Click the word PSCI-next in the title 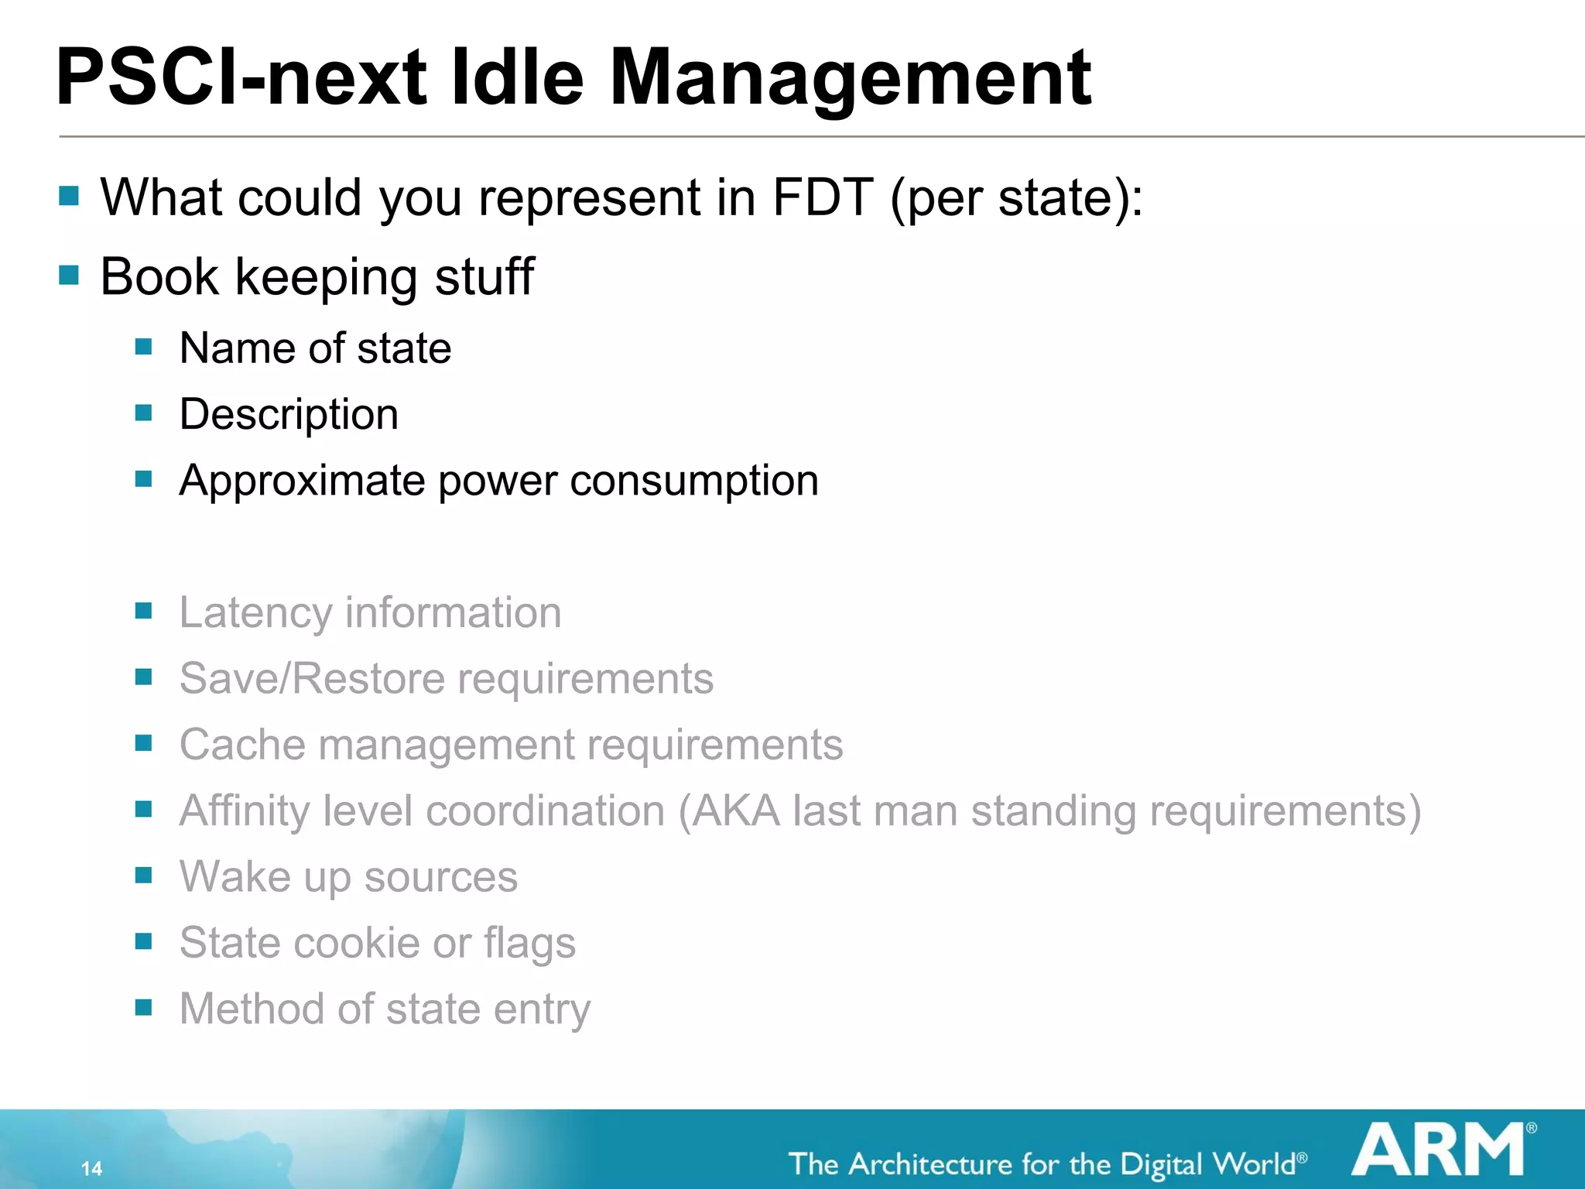[240, 77]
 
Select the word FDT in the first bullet [823, 197]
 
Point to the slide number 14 [91, 1168]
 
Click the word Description [289, 414]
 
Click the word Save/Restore [311, 679]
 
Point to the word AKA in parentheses [735, 810]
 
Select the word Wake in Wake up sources [235, 877]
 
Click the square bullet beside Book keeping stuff [69, 275]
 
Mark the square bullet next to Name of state [143, 346]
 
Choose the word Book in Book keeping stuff [160, 276]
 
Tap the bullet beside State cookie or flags [143, 941]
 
